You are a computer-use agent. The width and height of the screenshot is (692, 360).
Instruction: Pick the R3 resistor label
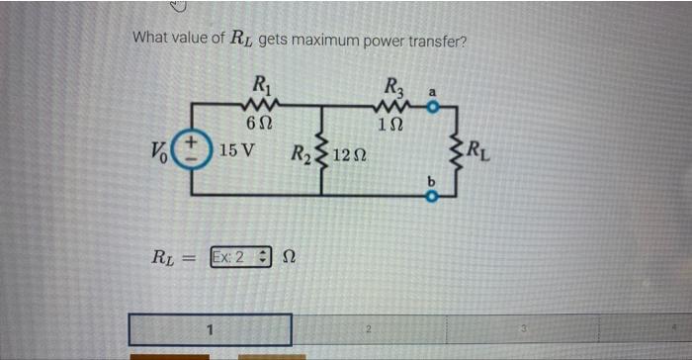391,84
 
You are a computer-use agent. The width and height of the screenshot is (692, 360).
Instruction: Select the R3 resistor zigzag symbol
391,104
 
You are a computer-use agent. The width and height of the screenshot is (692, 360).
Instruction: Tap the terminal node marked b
431,196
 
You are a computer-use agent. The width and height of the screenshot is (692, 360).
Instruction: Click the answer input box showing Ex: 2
237,257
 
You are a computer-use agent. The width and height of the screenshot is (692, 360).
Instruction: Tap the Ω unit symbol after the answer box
289,257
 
